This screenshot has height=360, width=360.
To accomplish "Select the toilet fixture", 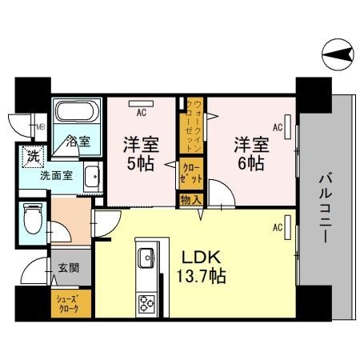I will (33, 217).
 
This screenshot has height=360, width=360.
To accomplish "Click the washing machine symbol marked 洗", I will (33, 155).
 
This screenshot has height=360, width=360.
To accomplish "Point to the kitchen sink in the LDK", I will (147, 258).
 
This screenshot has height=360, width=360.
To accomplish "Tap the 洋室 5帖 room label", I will (141, 154).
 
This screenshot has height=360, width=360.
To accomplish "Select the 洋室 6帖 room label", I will (250, 154).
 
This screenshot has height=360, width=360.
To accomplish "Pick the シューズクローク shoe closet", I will (70, 305).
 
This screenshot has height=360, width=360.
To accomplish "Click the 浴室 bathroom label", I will (78, 142).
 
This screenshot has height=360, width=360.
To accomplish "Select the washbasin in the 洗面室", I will (90, 175).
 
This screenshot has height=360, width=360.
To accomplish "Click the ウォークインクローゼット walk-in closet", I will (191, 128).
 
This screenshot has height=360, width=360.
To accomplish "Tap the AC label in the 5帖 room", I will (140, 112).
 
